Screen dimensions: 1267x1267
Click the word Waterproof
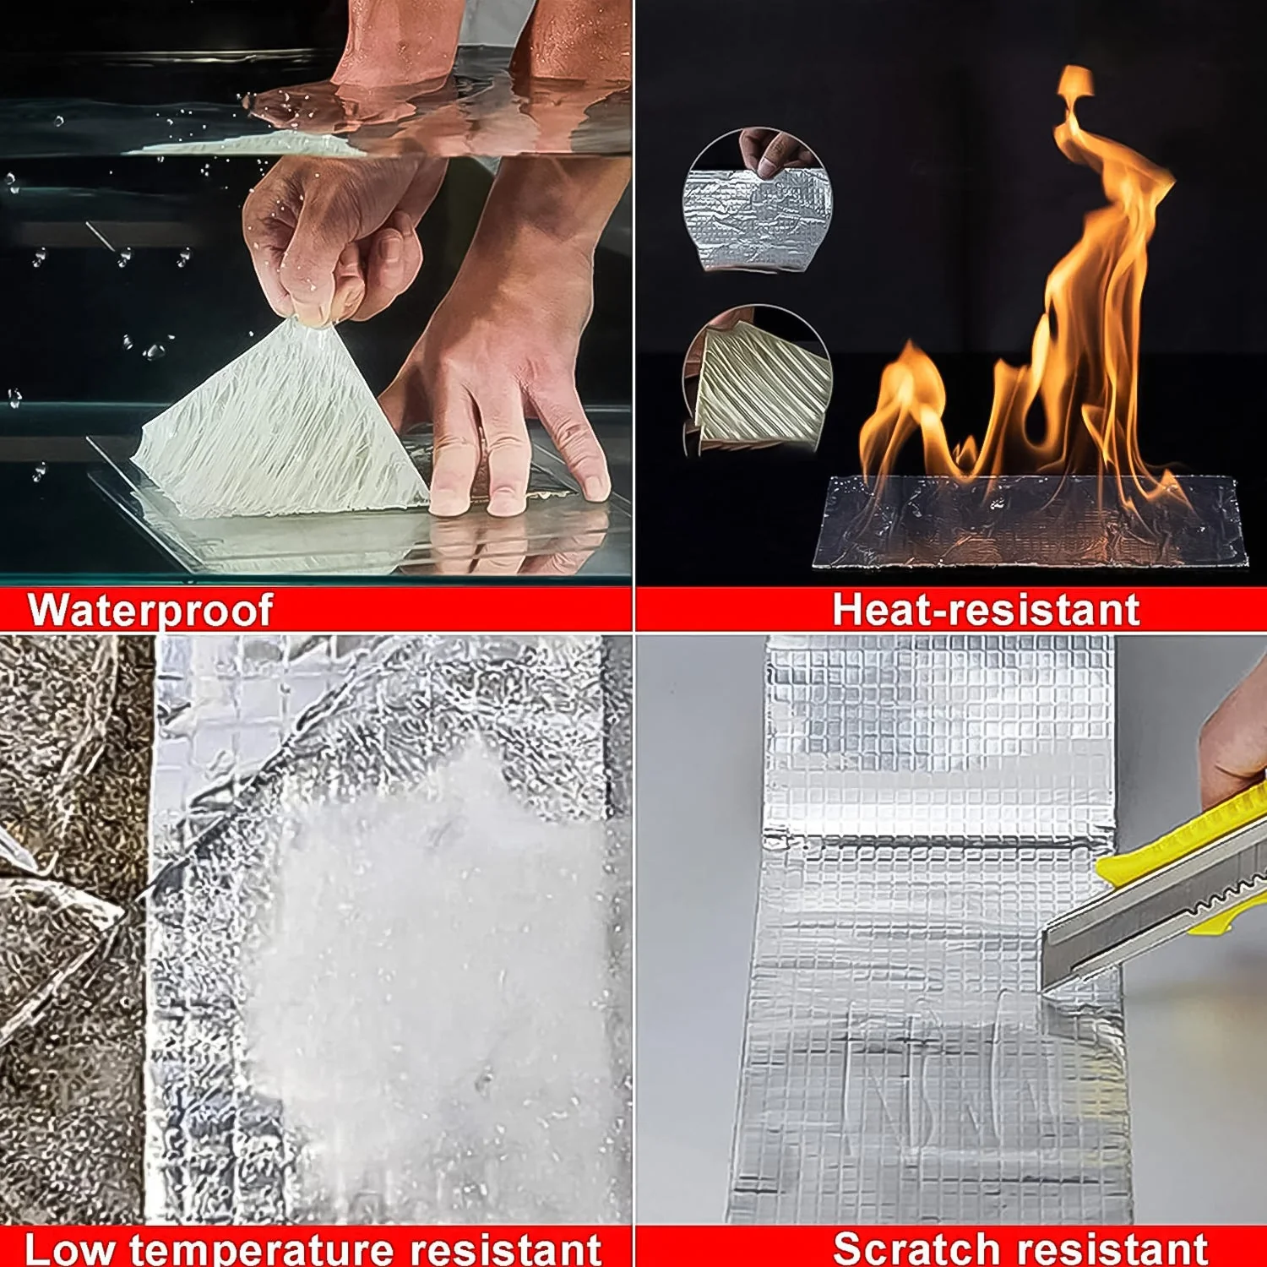150,610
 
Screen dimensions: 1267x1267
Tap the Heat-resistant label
986,610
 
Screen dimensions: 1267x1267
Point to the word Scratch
916,1248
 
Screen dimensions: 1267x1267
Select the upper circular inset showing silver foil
757,203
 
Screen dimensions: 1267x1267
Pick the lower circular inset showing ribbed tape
757,380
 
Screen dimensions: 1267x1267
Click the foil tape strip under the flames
1030,524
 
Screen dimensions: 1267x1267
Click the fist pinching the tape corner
329,245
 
